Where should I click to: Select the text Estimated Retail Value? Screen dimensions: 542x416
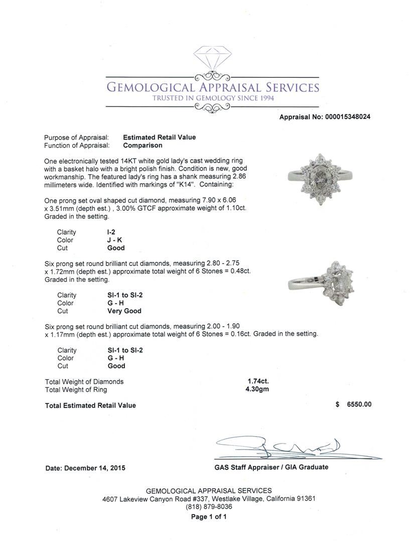pyautogui.click(x=159, y=137)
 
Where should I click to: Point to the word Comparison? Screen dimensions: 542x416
pyautogui.click(x=143, y=146)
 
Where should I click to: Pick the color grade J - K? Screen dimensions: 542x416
pyautogui.click(x=115, y=240)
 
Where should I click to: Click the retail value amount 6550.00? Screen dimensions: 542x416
pyautogui.click(x=359, y=405)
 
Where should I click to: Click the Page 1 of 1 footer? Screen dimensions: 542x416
pyautogui.click(x=208, y=516)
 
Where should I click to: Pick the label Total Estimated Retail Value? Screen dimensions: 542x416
pyautogui.click(x=90, y=405)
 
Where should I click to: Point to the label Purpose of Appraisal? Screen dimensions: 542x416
pyautogui.click(x=76, y=137)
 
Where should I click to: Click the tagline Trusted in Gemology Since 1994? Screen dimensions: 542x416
pyautogui.click(x=213, y=98)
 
